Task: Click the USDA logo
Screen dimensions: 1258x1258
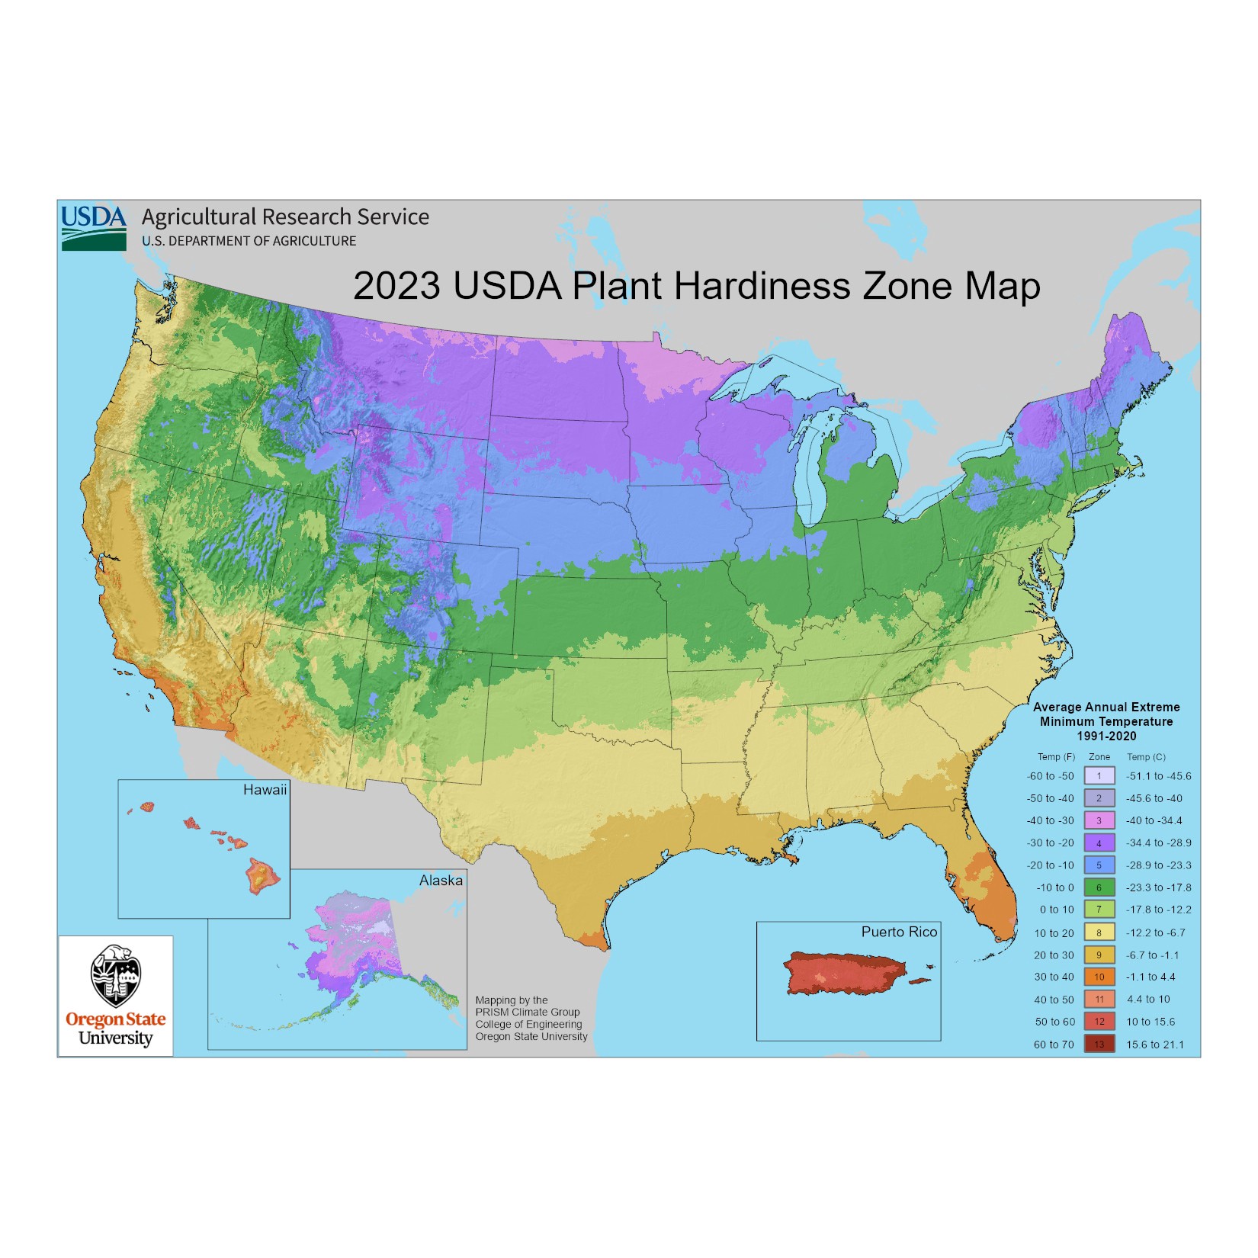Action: point(93,226)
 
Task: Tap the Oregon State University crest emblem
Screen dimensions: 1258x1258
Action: point(115,975)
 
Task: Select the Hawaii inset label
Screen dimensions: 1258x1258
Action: point(265,790)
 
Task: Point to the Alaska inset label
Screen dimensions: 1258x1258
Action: point(441,880)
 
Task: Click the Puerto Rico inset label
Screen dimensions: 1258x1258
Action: point(899,932)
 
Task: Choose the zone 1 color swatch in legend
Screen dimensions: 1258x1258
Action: point(1099,776)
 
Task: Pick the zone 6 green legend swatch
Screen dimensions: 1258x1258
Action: point(1099,887)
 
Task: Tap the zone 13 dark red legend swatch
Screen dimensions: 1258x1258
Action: point(1099,1045)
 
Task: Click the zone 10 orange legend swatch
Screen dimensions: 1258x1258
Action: point(1099,977)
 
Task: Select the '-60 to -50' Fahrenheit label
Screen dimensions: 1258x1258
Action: point(1050,776)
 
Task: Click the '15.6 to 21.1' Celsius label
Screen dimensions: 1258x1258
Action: point(1155,1045)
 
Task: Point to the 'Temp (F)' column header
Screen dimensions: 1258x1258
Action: point(1056,757)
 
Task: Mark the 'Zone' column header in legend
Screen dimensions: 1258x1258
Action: point(1099,757)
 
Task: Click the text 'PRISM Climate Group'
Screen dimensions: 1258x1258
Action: point(527,1012)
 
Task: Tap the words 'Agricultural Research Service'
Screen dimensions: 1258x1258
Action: point(285,217)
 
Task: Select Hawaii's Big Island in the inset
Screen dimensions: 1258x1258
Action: point(262,875)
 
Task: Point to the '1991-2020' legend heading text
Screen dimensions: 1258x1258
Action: point(1106,736)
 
